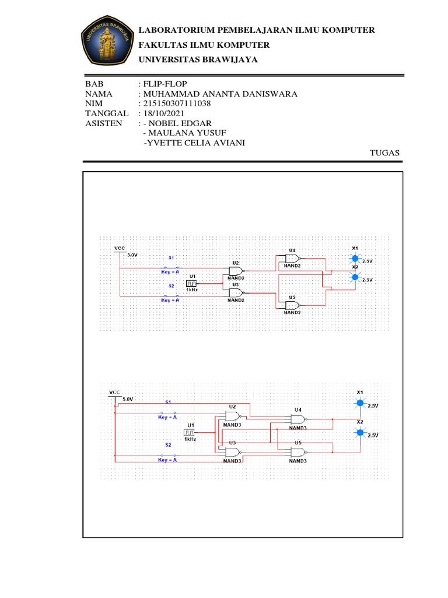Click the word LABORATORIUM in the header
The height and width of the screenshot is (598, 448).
click(x=175, y=30)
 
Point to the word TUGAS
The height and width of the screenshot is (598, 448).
click(x=385, y=152)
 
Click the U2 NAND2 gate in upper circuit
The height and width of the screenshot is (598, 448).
click(x=236, y=271)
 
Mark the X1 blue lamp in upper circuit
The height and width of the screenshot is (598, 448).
click(x=353, y=258)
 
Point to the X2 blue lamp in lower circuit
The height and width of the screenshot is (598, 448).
click(x=360, y=433)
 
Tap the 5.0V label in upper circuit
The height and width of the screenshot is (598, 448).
click(x=133, y=255)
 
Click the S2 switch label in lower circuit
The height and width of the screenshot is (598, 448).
click(x=168, y=445)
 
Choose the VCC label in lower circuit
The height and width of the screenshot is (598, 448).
click(x=114, y=391)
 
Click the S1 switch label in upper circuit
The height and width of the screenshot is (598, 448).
click(x=171, y=257)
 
